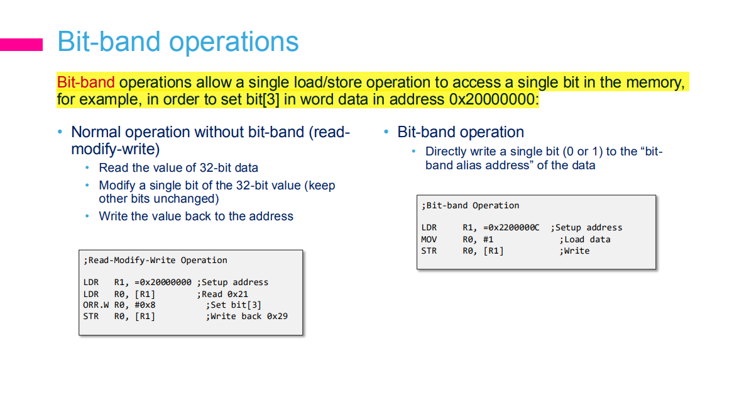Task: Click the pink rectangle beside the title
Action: pyautogui.click(x=21, y=45)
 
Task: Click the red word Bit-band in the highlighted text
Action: pyautogui.click(x=86, y=82)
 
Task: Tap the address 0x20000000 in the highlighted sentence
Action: pyautogui.click(x=491, y=99)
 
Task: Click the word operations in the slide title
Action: pyautogui.click(x=234, y=42)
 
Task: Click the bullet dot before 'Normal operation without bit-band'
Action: pyautogui.click(x=60, y=132)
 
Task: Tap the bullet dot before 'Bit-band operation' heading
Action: pyautogui.click(x=386, y=132)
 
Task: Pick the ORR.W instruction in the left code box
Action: pyautogui.click(x=96, y=305)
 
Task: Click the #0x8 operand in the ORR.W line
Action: pyautogui.click(x=145, y=305)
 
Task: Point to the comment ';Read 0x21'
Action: pyautogui.click(x=222, y=295)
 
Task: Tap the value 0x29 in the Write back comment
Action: pyautogui.click(x=277, y=317)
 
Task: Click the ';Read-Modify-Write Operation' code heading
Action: pyautogui.click(x=155, y=261)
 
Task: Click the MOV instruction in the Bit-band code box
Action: pyautogui.click(x=429, y=240)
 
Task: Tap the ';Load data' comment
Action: pyautogui.click(x=584, y=240)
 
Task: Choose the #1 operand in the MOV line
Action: pyautogui.click(x=488, y=240)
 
